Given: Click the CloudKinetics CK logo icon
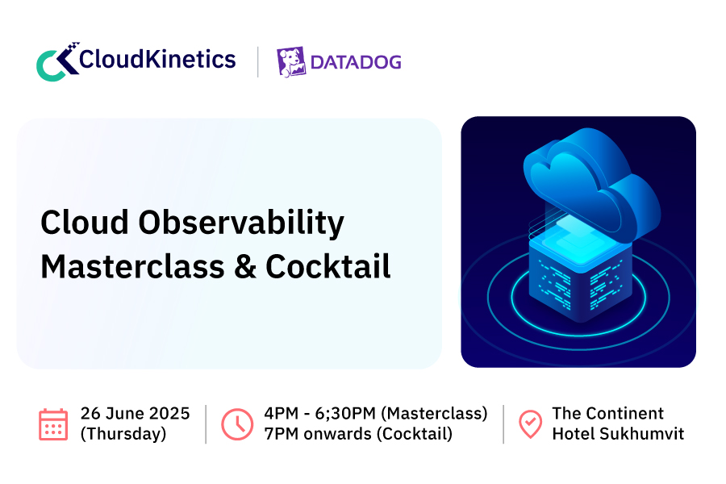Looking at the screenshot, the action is pyautogui.click(x=57, y=61).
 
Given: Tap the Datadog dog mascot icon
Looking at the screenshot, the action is pyautogui.click(x=291, y=61).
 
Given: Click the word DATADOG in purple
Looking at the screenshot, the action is pyautogui.click(x=356, y=63).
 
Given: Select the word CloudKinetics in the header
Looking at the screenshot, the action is pyautogui.click(x=157, y=60).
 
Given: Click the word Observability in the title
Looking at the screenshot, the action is pyautogui.click(x=241, y=223).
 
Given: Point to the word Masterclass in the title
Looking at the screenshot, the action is pyautogui.click(x=132, y=267).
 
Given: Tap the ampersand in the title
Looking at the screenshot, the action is pyautogui.click(x=245, y=267).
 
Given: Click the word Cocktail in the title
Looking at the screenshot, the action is pyautogui.click(x=328, y=267).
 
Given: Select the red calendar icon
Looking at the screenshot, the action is pyautogui.click(x=53, y=424).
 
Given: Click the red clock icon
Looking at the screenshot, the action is pyautogui.click(x=237, y=424).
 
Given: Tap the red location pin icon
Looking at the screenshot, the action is pyautogui.click(x=531, y=424).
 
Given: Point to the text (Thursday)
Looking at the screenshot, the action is pyautogui.click(x=123, y=434).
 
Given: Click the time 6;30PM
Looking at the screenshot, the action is pyautogui.click(x=345, y=414).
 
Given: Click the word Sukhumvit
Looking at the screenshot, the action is pyautogui.click(x=642, y=434).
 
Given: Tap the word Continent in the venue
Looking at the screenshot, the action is pyautogui.click(x=625, y=414).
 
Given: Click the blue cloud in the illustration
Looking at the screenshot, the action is pyautogui.click(x=592, y=183).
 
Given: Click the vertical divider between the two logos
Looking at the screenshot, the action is pyautogui.click(x=258, y=61).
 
